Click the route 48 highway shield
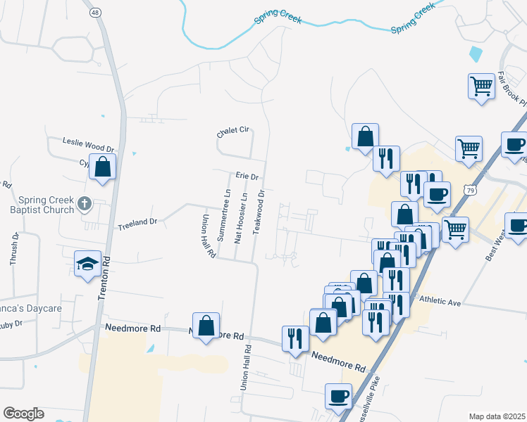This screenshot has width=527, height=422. [x=95, y=12]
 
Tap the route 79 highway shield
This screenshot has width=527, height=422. [x=470, y=190]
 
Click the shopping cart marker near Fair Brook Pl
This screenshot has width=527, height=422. [x=482, y=87]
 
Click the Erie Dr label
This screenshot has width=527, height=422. [x=247, y=176]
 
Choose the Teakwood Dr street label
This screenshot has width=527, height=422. [x=261, y=212]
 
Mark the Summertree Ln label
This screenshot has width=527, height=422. [x=227, y=215]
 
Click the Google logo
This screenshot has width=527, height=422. [x=23, y=414]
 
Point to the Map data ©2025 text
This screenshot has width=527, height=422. [x=497, y=416]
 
